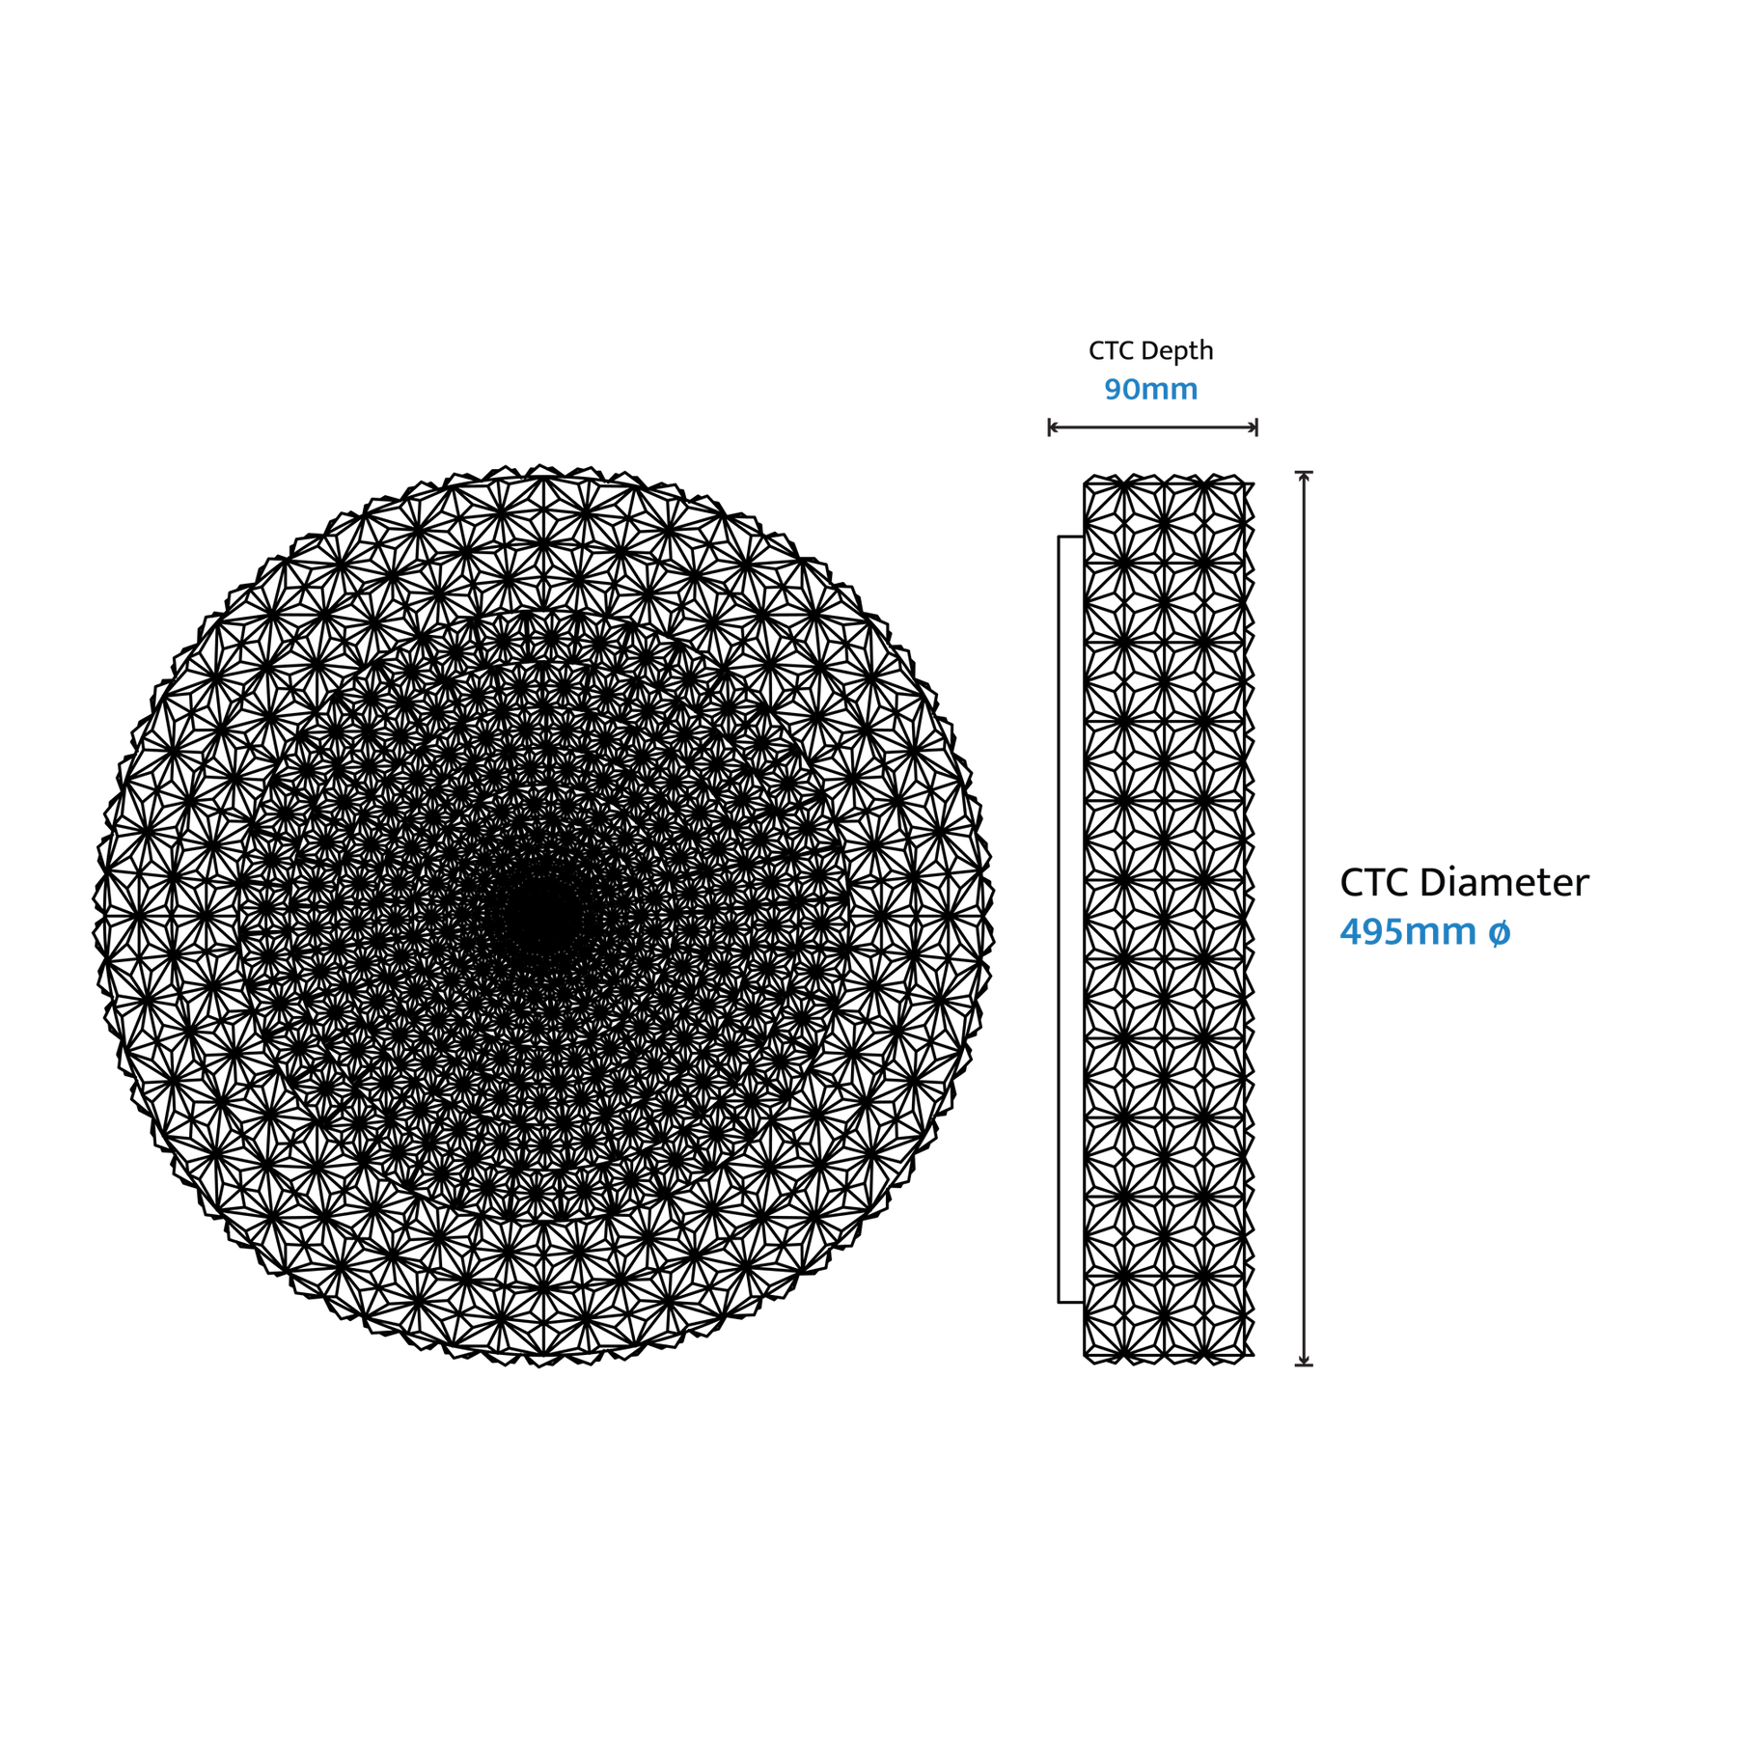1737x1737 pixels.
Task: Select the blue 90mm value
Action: [1151, 389]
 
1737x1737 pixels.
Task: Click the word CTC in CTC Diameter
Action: [1374, 883]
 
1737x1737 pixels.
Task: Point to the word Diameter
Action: [1504, 882]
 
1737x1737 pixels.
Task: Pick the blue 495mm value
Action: [1408, 932]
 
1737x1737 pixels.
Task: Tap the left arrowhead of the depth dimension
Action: [1054, 427]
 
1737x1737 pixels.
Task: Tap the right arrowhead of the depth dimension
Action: [1252, 427]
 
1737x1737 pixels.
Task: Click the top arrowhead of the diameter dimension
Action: [1304, 477]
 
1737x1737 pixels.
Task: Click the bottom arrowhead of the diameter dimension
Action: [1304, 1360]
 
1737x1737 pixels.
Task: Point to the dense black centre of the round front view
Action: [543, 918]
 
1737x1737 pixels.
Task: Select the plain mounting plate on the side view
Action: [1071, 919]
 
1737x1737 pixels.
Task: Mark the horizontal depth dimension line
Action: [1153, 427]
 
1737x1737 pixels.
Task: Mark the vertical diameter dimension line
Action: [1304, 919]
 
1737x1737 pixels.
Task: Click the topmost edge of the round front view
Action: [543, 467]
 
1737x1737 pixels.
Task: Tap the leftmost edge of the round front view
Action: [95, 918]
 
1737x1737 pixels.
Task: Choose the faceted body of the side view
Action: [1169, 919]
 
